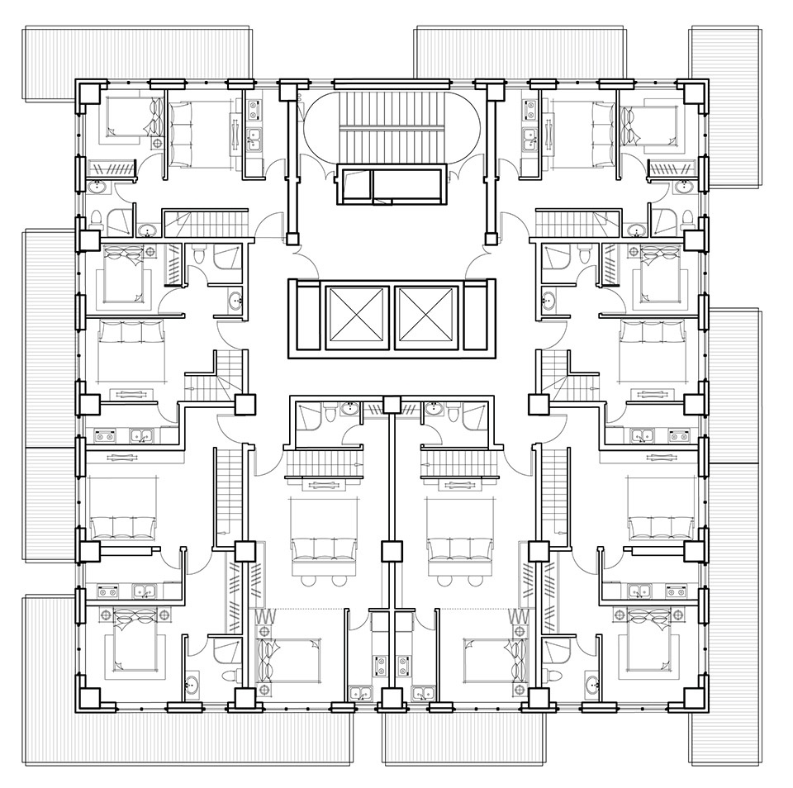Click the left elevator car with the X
point(356,318)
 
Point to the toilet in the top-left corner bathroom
point(97,220)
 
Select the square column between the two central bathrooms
point(389,406)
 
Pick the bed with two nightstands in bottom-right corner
point(653,640)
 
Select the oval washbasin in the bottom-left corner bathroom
point(192,684)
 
